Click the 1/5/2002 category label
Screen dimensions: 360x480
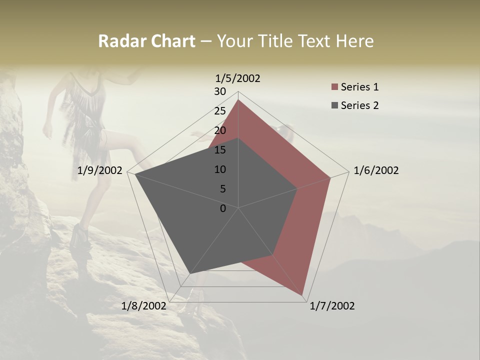(237, 78)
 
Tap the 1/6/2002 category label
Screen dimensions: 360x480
(376, 170)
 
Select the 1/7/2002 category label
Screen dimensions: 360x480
(332, 306)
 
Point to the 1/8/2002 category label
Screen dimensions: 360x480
(143, 306)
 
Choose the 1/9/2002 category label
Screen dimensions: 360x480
(100, 170)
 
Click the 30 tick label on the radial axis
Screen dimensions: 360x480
(220, 91)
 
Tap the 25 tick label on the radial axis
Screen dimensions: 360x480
(220, 111)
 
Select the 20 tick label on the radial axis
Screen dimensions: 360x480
(220, 130)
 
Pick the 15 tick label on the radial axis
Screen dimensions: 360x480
(220, 150)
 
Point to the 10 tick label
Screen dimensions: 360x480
(220, 169)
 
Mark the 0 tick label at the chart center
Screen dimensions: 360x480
(223, 208)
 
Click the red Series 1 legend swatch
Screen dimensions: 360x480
(334, 87)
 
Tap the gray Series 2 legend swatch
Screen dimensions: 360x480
(334, 105)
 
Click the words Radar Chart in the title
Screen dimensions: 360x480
(146, 41)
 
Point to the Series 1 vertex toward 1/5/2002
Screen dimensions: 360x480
(238, 100)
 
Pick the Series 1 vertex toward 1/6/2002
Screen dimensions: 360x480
(330, 177)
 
